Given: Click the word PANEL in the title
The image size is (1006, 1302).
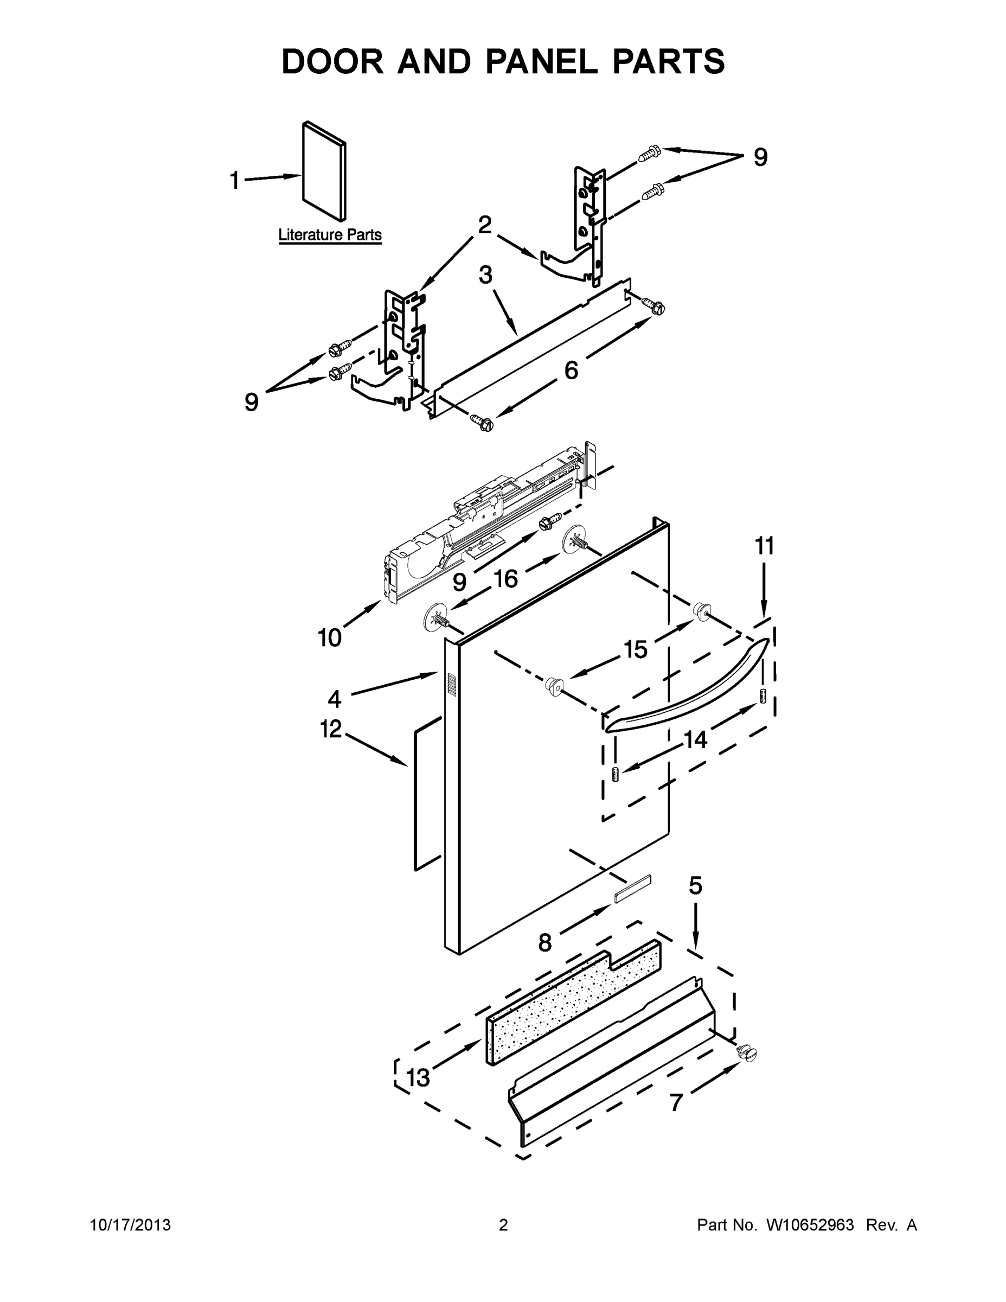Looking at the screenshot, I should click(x=541, y=61).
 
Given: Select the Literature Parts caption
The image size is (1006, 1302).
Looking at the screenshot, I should click(x=330, y=235).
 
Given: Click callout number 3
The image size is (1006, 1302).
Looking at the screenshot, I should click(x=486, y=275).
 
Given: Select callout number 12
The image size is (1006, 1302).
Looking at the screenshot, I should click(x=331, y=729).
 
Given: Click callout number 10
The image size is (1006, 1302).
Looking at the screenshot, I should click(x=329, y=638).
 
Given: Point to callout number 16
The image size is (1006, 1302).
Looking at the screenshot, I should click(x=505, y=578).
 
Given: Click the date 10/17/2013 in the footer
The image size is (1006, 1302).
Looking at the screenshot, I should click(x=130, y=1225).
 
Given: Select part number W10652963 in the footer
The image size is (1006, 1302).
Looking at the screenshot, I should click(x=809, y=1225).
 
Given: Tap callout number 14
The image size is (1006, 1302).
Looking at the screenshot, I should click(x=695, y=740).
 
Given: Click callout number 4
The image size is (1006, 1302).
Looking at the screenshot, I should click(x=335, y=698).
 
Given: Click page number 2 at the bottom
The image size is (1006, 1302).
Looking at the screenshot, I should click(x=503, y=1225).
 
